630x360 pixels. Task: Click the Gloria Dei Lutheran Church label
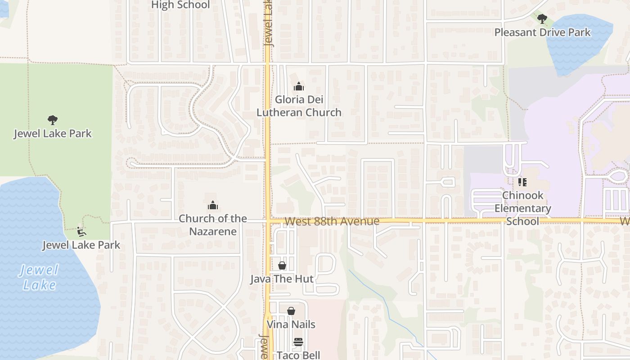click(299, 106)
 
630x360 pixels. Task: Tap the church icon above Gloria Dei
click(298, 86)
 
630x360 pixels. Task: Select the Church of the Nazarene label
click(213, 225)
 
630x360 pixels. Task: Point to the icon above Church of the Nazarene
click(213, 206)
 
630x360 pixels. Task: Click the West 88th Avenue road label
click(332, 221)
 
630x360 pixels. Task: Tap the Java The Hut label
click(282, 279)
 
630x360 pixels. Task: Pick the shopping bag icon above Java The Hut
click(282, 265)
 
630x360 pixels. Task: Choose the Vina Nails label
click(291, 324)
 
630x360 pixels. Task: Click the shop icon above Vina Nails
click(291, 310)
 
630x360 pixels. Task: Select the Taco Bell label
click(298, 355)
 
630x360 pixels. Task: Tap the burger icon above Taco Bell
click(298, 342)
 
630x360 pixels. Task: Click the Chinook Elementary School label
click(522, 208)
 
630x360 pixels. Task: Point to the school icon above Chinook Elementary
click(522, 182)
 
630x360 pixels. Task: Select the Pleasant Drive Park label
click(542, 32)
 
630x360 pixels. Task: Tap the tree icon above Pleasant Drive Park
click(542, 18)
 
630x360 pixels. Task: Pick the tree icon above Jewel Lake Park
click(53, 120)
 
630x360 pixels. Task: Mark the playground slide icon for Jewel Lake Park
click(81, 232)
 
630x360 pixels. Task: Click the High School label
click(180, 5)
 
